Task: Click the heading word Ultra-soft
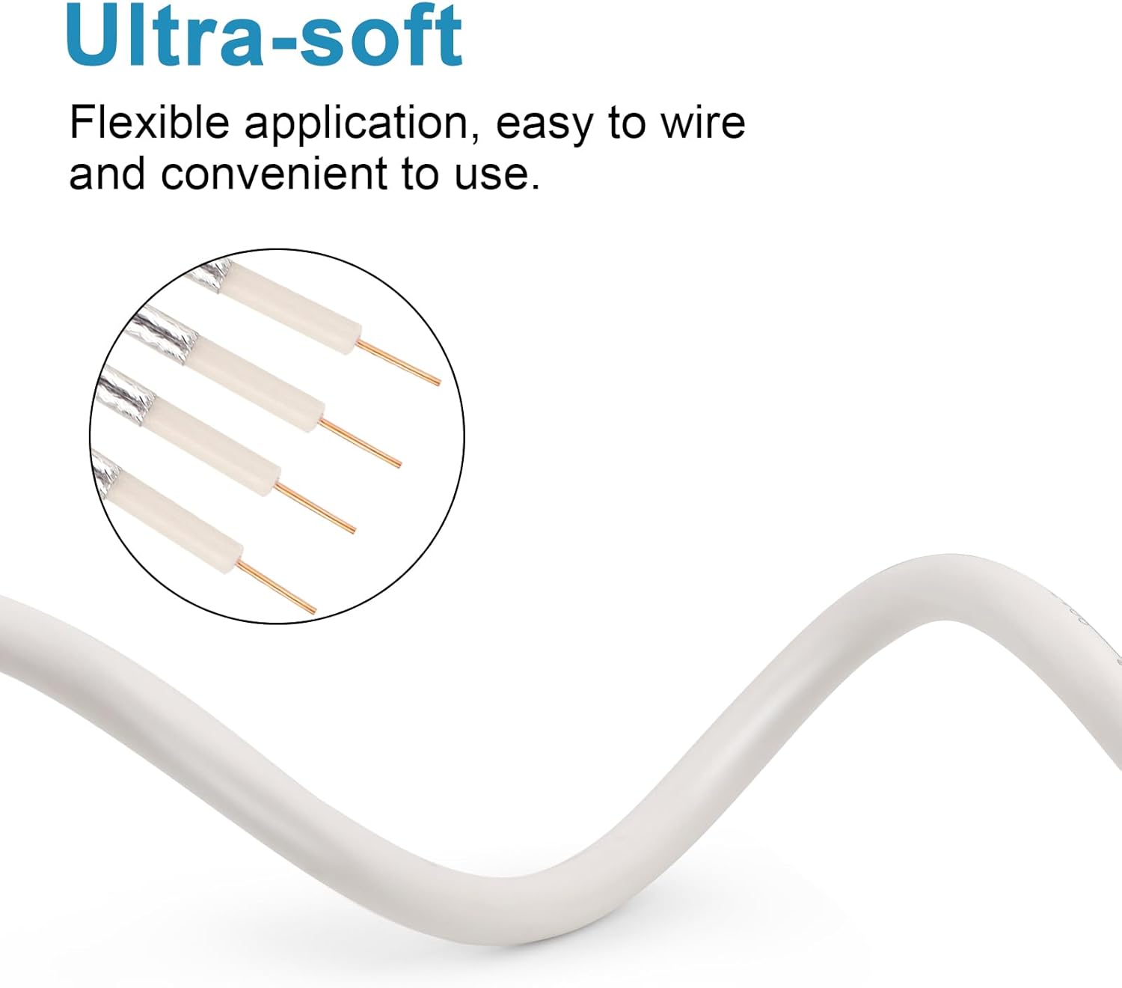coord(264,36)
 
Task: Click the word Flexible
coord(149,123)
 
